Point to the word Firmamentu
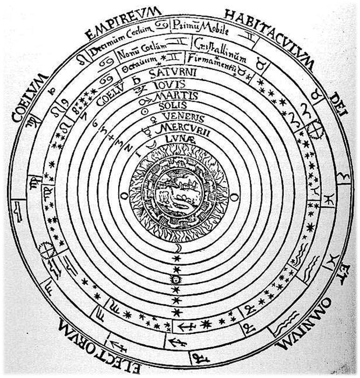(208, 56)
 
